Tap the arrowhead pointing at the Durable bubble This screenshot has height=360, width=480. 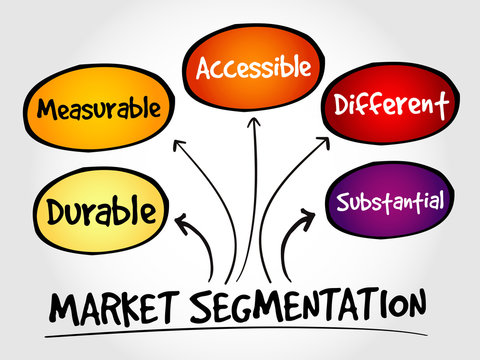[184, 223]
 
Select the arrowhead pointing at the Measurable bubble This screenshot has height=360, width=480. [180, 145]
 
